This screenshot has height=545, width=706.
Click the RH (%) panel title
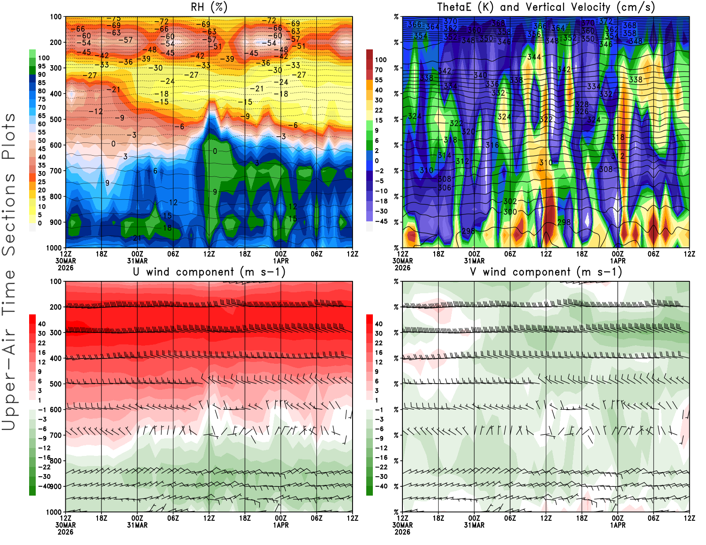(x=209, y=7)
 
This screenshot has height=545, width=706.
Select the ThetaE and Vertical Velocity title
(x=546, y=7)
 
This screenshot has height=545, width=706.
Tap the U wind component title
(x=209, y=272)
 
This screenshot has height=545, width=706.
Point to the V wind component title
(x=546, y=272)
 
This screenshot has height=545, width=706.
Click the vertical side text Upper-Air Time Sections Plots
(x=9, y=272)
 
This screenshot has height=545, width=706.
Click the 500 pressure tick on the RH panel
(x=56, y=119)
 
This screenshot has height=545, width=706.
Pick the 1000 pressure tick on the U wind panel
(x=54, y=512)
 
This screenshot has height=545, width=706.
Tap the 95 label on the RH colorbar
(x=41, y=66)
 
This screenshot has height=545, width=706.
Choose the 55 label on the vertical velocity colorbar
(x=379, y=80)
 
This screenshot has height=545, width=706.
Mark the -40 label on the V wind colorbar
(x=381, y=486)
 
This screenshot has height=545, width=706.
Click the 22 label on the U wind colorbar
(x=41, y=343)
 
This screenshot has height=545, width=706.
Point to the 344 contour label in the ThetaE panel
(x=534, y=57)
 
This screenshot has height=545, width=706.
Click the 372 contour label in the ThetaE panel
(x=605, y=21)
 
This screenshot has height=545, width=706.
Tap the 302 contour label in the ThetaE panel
(x=510, y=201)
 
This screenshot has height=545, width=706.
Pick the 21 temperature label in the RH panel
(x=137, y=238)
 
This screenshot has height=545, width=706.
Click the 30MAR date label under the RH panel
(x=65, y=261)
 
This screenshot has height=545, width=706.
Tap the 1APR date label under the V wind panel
(x=618, y=525)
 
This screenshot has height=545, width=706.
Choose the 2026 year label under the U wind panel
(x=65, y=532)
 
